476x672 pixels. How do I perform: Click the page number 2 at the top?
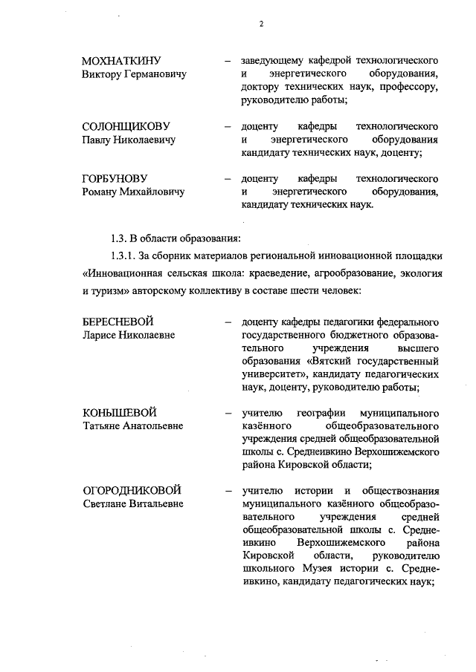260,25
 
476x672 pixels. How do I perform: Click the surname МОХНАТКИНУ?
122,60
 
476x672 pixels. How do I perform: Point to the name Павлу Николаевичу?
128,140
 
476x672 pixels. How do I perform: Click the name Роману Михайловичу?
133,192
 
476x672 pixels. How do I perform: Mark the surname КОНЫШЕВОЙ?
119,412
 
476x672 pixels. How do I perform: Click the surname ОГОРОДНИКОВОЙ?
132,490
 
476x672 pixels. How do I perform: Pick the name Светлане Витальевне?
133,504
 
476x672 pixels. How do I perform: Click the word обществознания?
401,490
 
